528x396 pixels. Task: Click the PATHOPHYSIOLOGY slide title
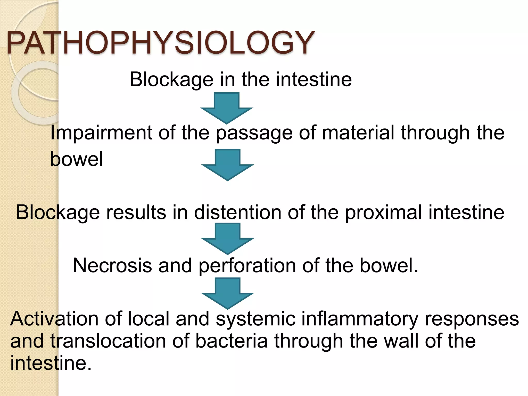click(160, 43)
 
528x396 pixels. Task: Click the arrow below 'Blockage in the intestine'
click(227, 108)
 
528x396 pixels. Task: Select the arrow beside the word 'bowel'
click(227, 164)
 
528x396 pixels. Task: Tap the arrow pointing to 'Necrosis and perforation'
click(227, 238)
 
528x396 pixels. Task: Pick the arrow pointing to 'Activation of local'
click(227, 293)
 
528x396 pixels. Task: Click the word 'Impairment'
click(101, 133)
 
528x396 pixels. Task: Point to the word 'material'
click(358, 133)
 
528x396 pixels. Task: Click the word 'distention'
click(237, 212)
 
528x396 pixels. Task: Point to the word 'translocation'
click(108, 341)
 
